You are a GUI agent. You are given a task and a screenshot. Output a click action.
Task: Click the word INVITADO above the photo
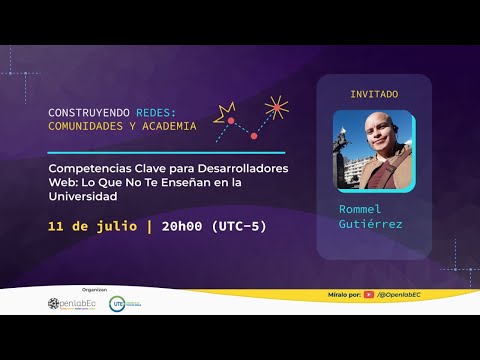[374, 93]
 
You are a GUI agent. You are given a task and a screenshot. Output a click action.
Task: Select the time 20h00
[187, 226]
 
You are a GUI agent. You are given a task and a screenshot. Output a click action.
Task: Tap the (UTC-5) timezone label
[244, 226]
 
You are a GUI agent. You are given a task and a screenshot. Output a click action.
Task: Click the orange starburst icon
[276, 106]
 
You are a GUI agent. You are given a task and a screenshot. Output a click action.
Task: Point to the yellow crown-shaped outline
[225, 109]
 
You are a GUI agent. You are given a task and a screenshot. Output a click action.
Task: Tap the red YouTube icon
[369, 295]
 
